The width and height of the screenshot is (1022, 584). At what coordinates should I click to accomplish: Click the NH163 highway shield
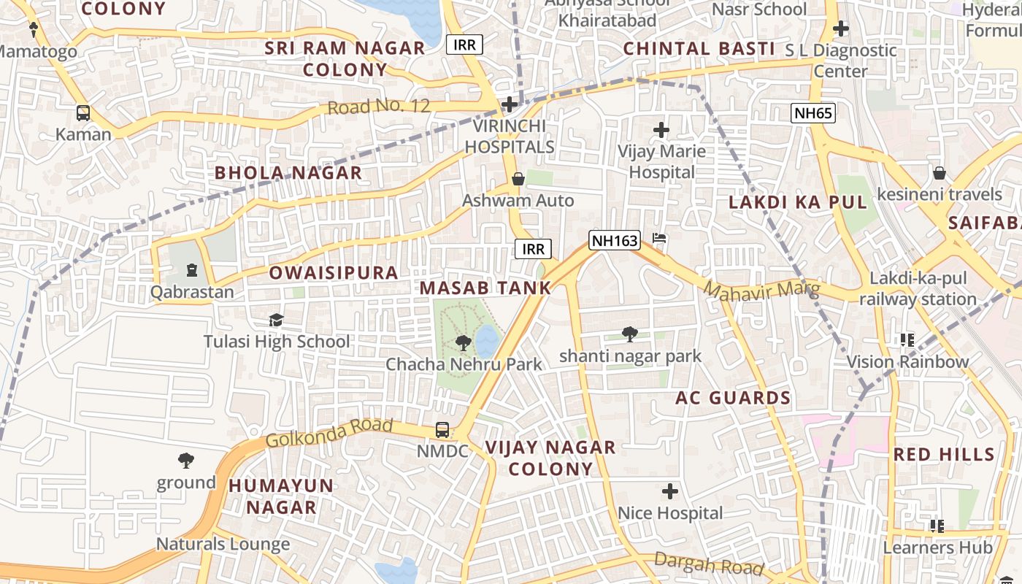(x=615, y=240)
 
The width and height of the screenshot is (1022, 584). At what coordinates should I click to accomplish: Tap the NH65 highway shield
(x=812, y=112)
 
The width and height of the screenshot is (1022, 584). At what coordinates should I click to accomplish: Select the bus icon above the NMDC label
(x=442, y=430)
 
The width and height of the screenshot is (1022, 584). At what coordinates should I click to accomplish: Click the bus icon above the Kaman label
(x=83, y=113)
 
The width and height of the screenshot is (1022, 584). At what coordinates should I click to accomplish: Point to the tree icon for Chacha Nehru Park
(x=463, y=342)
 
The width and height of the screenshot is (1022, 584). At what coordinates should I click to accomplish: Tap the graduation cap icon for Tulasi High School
(x=276, y=320)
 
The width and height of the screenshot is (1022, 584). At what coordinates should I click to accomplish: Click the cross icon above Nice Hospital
(x=669, y=491)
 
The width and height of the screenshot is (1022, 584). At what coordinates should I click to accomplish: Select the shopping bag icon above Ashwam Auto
(x=518, y=179)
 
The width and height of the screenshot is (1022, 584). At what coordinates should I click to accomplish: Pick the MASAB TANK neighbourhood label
(x=485, y=288)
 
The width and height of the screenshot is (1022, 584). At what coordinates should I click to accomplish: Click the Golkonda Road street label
(x=329, y=433)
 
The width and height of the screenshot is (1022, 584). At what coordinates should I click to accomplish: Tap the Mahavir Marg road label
(x=761, y=290)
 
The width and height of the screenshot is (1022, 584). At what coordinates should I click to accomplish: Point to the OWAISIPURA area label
(x=334, y=273)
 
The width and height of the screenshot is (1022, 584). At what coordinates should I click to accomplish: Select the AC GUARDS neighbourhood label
(x=733, y=398)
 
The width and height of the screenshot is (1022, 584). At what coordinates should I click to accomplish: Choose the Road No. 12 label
(x=378, y=107)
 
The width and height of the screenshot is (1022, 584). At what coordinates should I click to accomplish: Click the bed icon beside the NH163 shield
(x=659, y=239)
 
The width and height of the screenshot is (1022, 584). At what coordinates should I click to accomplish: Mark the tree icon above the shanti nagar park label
(x=629, y=334)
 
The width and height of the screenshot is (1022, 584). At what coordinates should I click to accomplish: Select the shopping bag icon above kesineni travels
(x=939, y=173)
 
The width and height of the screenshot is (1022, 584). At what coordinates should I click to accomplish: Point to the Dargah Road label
(x=708, y=564)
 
